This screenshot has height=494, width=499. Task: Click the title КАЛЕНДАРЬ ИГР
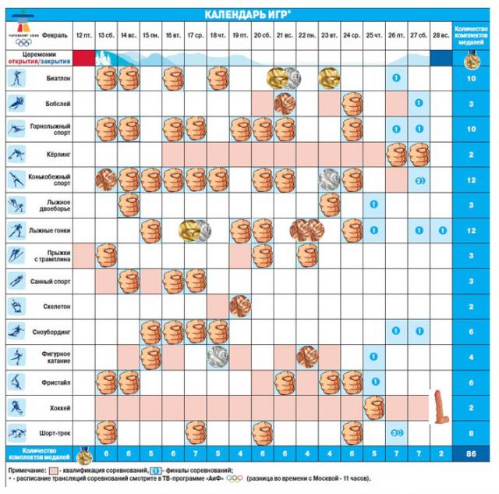click(248, 15)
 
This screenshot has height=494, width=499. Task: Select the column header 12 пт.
click(83, 36)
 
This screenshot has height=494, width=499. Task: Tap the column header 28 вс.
click(441, 36)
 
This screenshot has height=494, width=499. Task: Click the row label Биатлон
click(58, 79)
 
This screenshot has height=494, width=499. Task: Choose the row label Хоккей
click(58, 407)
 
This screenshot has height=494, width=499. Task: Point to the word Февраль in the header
click(55, 36)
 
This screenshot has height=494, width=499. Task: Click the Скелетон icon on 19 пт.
click(240, 306)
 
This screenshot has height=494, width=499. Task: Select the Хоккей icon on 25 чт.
click(375, 407)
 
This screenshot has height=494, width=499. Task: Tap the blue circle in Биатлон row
click(396, 79)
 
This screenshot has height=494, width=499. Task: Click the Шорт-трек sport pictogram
click(16, 432)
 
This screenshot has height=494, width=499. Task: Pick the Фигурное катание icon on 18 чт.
click(218, 357)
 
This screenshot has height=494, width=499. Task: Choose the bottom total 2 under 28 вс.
click(441, 454)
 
